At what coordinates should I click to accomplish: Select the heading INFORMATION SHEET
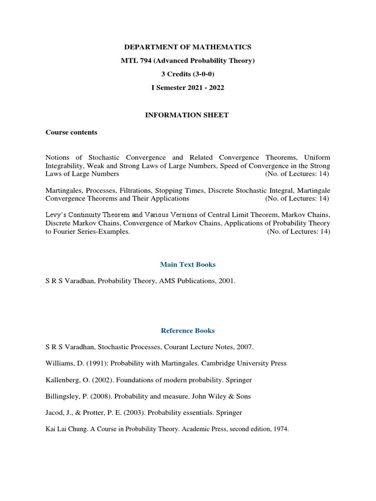pos(188,115)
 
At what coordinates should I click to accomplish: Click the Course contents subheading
pos(71,132)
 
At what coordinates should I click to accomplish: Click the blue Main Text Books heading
pos(188,264)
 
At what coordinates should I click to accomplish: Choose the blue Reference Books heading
pos(188,330)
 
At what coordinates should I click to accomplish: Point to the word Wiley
pos(223,396)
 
